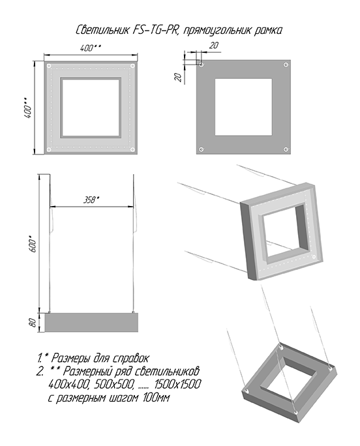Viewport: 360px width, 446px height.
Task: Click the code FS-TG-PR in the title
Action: click(155, 29)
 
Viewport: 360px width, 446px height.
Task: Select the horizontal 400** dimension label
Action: click(91, 48)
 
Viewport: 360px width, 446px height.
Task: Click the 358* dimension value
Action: click(91, 200)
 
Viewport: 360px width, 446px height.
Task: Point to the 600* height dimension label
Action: click(33, 244)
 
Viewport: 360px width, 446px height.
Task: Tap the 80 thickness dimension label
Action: click(33, 323)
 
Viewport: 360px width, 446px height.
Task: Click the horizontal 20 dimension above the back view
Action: click(213, 45)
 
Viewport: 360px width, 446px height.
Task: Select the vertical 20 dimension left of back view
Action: click(178, 77)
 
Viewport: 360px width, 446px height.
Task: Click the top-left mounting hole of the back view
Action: click(202, 65)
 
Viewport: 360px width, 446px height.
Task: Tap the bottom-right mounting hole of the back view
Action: click(286, 149)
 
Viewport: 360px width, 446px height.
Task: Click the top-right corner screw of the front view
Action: click(132, 66)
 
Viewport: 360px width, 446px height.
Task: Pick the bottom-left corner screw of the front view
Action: click(49, 149)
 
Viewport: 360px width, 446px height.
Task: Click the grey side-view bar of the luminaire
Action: click(91, 323)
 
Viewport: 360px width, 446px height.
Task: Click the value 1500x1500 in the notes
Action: click(178, 384)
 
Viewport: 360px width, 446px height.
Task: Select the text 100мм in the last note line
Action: click(156, 397)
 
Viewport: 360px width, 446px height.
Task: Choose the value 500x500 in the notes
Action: click(114, 384)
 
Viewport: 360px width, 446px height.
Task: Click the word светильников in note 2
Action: click(166, 371)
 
